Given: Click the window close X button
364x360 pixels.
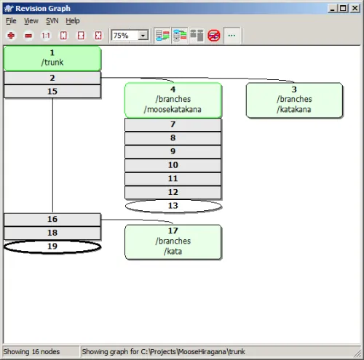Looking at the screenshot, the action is (x=355, y=8).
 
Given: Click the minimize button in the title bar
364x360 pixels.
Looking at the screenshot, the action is (x=333, y=8).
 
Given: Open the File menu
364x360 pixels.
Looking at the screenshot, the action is (x=11, y=21).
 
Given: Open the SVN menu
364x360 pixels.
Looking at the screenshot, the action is (x=52, y=21).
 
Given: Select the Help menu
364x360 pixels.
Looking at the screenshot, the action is (x=73, y=21).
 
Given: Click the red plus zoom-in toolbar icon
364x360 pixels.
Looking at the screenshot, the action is (x=11, y=36).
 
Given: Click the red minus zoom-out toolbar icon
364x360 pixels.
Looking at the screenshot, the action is (x=28, y=36).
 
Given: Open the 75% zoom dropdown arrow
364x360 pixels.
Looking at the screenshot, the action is (x=143, y=36).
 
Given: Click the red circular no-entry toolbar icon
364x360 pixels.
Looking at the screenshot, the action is (x=214, y=36).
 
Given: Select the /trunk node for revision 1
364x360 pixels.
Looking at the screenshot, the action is (x=52, y=58).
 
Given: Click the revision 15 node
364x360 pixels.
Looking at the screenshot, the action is (x=52, y=92).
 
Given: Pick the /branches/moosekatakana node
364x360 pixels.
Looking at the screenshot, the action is (x=173, y=100).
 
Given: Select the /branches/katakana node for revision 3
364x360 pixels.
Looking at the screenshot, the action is (x=294, y=100).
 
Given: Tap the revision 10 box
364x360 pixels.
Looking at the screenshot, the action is (x=173, y=165).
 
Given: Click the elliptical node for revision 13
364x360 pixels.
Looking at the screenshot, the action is (x=173, y=206).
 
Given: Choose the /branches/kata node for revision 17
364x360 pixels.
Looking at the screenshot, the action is (x=173, y=241).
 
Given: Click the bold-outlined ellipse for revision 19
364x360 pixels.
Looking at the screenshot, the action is (x=52, y=247).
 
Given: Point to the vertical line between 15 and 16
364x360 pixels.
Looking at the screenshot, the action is (x=52, y=156).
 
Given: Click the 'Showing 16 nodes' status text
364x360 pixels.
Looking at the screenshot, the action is (x=31, y=351).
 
